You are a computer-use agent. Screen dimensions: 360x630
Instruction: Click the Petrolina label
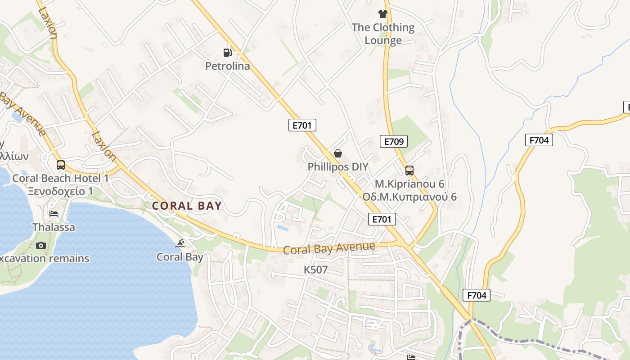pos(227,67)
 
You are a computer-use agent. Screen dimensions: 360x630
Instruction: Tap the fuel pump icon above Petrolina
pos(227,53)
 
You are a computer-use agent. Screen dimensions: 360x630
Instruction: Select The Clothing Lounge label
pos(383,34)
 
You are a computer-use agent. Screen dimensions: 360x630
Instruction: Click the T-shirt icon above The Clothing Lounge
pos(382,14)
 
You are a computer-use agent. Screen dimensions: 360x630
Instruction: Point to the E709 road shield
pos(393,142)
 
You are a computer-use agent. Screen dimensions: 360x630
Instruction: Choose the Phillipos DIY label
pos(338,167)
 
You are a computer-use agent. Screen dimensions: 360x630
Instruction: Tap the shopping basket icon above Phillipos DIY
pos(338,153)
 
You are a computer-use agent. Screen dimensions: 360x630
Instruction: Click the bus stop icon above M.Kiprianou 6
pos(409,171)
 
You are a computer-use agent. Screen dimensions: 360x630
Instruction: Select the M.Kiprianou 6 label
pos(409,184)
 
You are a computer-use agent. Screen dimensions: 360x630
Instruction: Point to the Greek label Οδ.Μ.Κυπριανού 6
pos(409,197)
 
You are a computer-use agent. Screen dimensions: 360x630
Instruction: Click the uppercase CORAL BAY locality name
pos(187,206)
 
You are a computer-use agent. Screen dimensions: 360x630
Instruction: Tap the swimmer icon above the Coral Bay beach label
pos(180,244)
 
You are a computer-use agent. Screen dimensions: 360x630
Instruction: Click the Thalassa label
pos(54,227)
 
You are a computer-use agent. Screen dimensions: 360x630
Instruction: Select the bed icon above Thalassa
pos(54,213)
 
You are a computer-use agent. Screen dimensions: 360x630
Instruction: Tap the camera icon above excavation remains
pos(41,245)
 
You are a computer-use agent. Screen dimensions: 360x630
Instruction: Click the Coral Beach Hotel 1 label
pos(60,178)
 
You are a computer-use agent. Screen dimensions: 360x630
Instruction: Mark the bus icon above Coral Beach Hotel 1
pos(61,165)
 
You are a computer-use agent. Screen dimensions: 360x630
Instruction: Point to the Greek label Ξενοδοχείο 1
pos(60,191)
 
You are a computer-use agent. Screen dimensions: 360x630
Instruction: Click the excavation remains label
pos(44,259)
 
